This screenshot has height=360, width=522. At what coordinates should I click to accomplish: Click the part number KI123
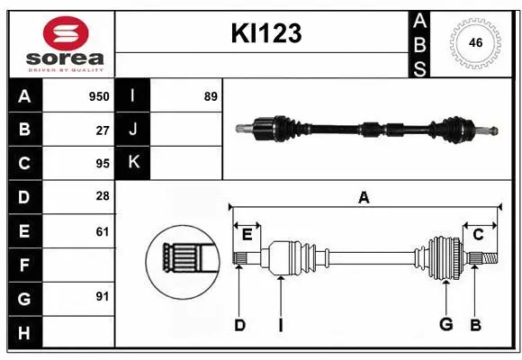265,33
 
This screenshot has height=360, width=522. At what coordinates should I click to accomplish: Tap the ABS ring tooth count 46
473,43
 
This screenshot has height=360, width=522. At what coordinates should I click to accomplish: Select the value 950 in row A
98,96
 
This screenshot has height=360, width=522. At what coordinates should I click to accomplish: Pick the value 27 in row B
102,130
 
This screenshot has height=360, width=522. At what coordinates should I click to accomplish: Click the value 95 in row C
102,163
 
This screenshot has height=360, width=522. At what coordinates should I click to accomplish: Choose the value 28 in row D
102,197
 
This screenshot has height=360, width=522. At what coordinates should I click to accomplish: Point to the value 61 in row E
102,231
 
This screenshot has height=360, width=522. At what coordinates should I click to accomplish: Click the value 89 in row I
210,96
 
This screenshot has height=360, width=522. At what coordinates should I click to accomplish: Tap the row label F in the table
24,265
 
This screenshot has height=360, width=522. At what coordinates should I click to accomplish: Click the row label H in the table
24,332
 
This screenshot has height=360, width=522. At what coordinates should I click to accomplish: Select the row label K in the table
133,163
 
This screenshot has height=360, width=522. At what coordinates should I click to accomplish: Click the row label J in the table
133,130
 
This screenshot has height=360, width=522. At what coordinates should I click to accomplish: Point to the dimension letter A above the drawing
364,197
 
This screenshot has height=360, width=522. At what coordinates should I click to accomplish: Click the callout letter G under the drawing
445,325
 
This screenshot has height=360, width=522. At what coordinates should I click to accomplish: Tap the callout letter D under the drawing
239,325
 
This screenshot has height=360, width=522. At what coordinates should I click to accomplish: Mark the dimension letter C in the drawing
479,235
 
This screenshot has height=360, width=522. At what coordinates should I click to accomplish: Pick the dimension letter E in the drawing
247,235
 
